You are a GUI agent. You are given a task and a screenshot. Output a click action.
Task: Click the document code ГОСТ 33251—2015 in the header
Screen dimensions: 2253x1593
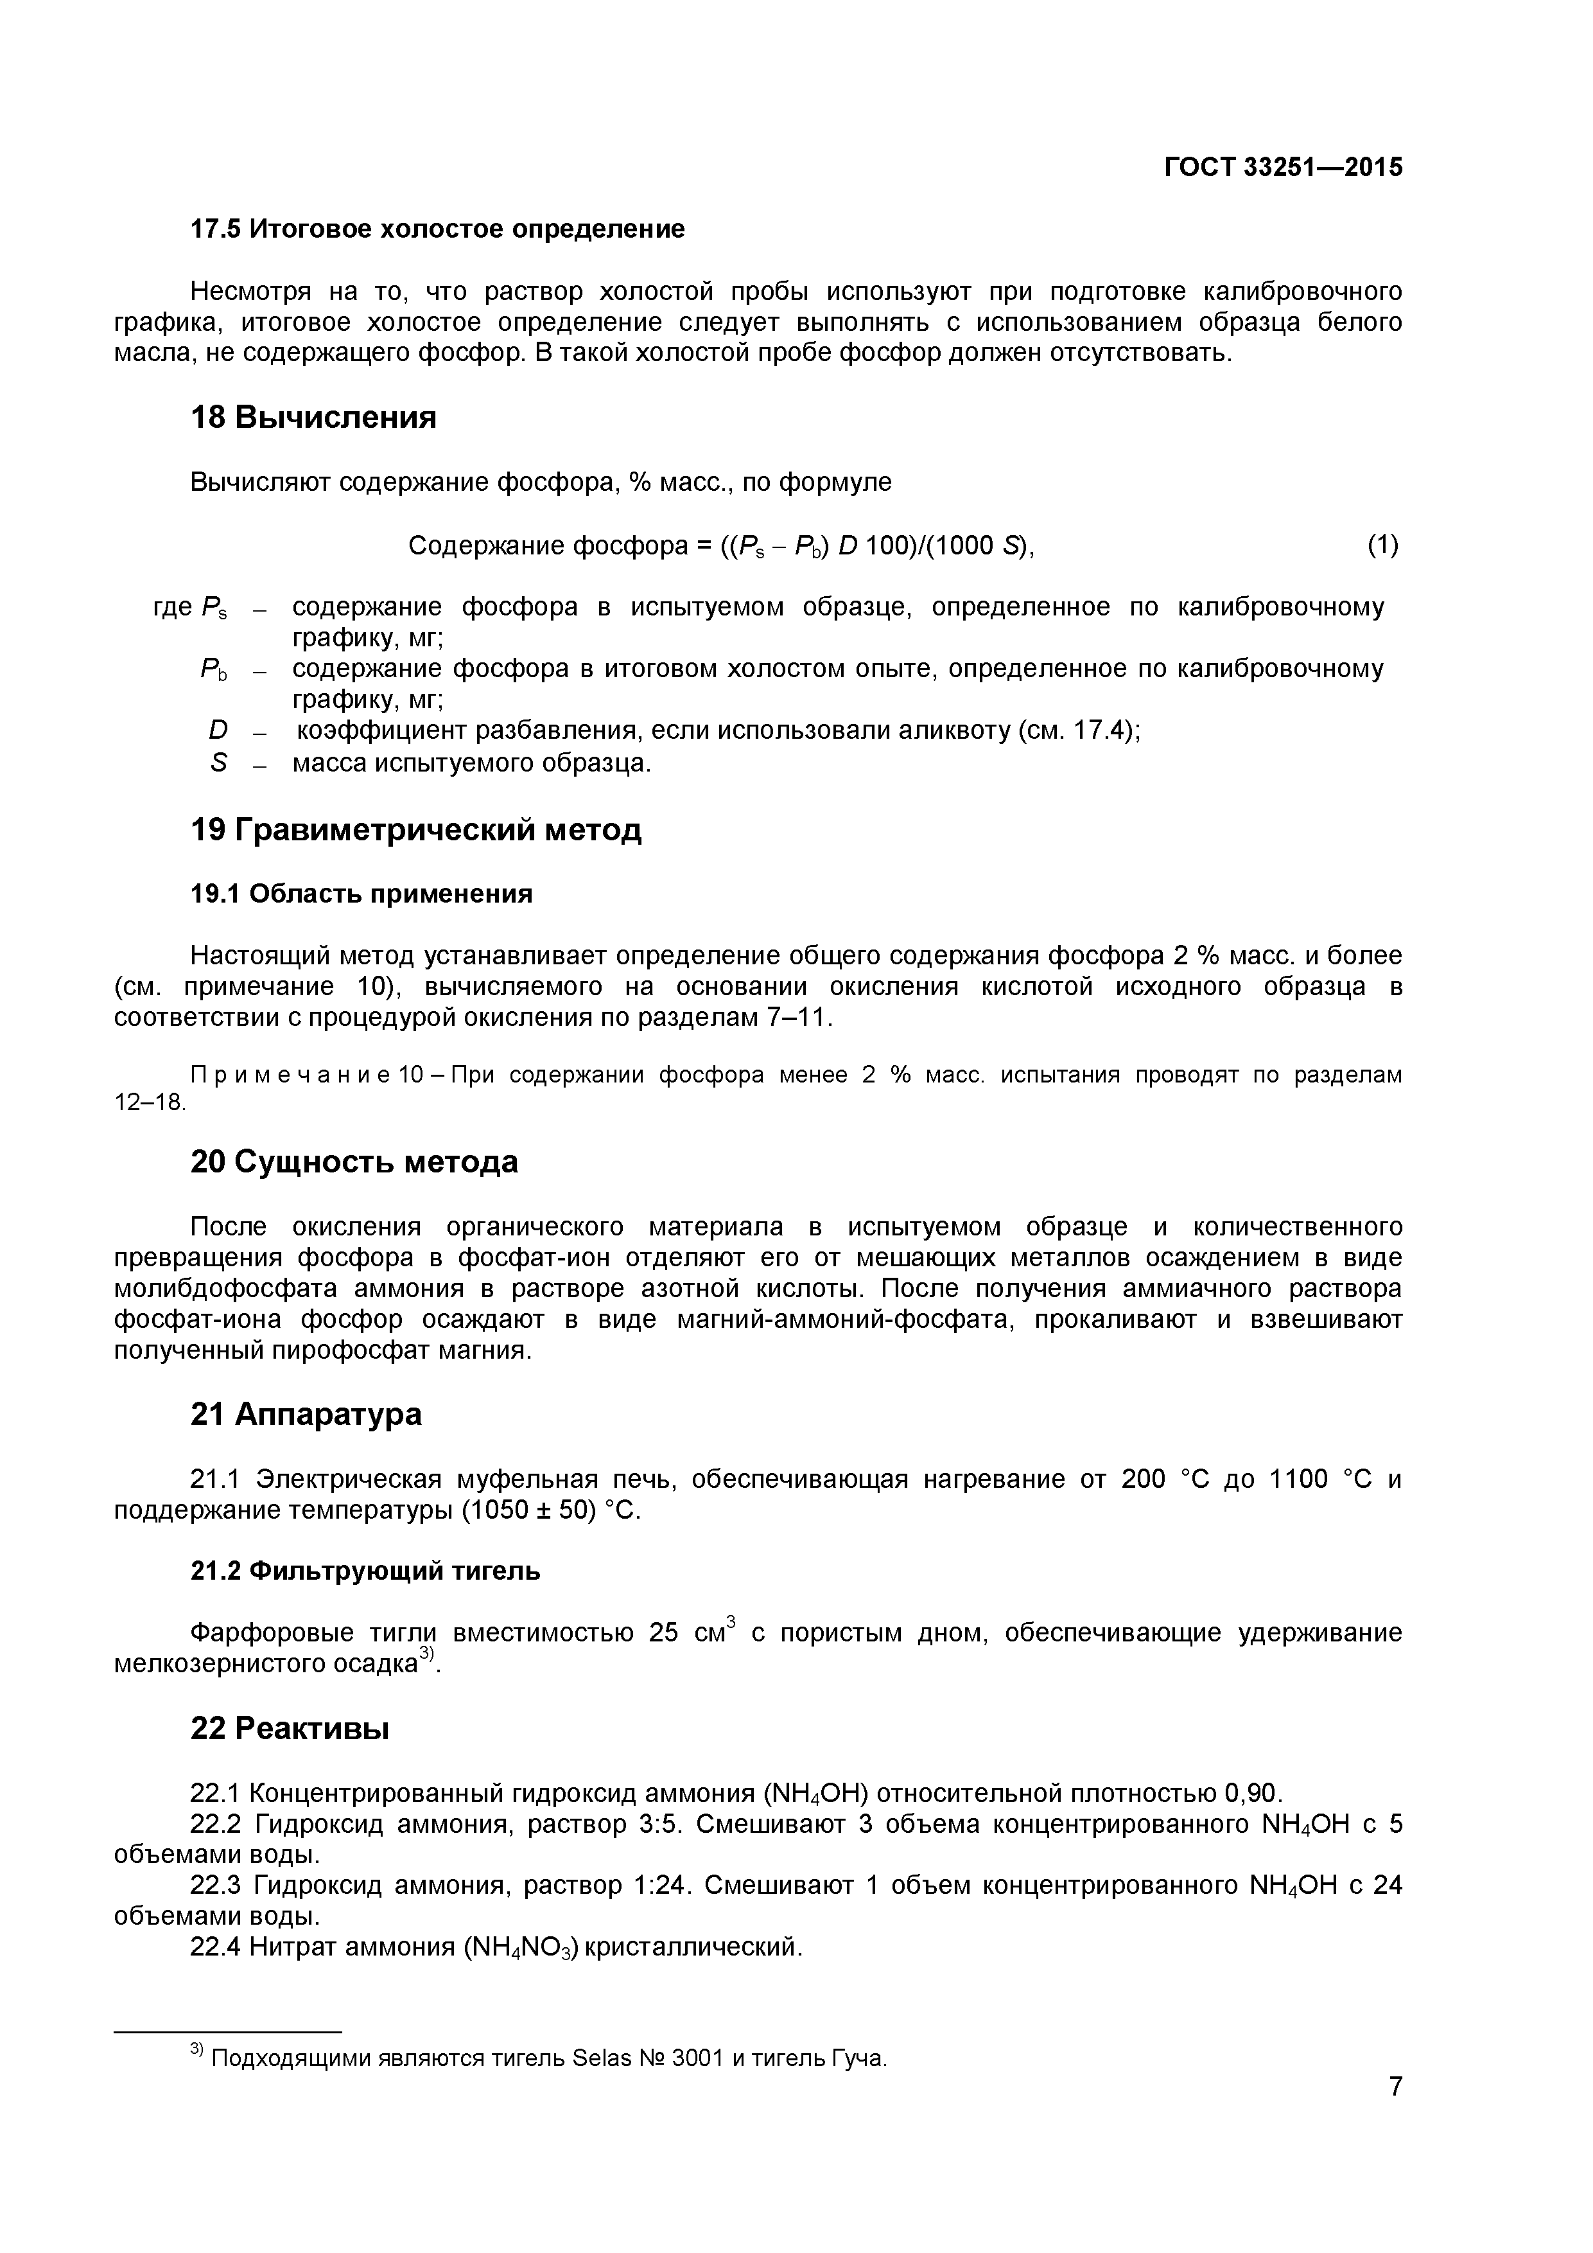coord(1283,168)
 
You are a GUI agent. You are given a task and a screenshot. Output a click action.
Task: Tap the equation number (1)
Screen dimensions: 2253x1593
coord(1382,545)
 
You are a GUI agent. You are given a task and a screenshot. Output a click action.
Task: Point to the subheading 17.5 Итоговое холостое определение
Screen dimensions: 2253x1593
coord(437,229)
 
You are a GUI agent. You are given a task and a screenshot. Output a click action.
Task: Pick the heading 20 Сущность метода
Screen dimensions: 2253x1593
coord(353,1162)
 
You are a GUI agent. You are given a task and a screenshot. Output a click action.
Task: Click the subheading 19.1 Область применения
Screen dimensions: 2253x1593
coord(361,894)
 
